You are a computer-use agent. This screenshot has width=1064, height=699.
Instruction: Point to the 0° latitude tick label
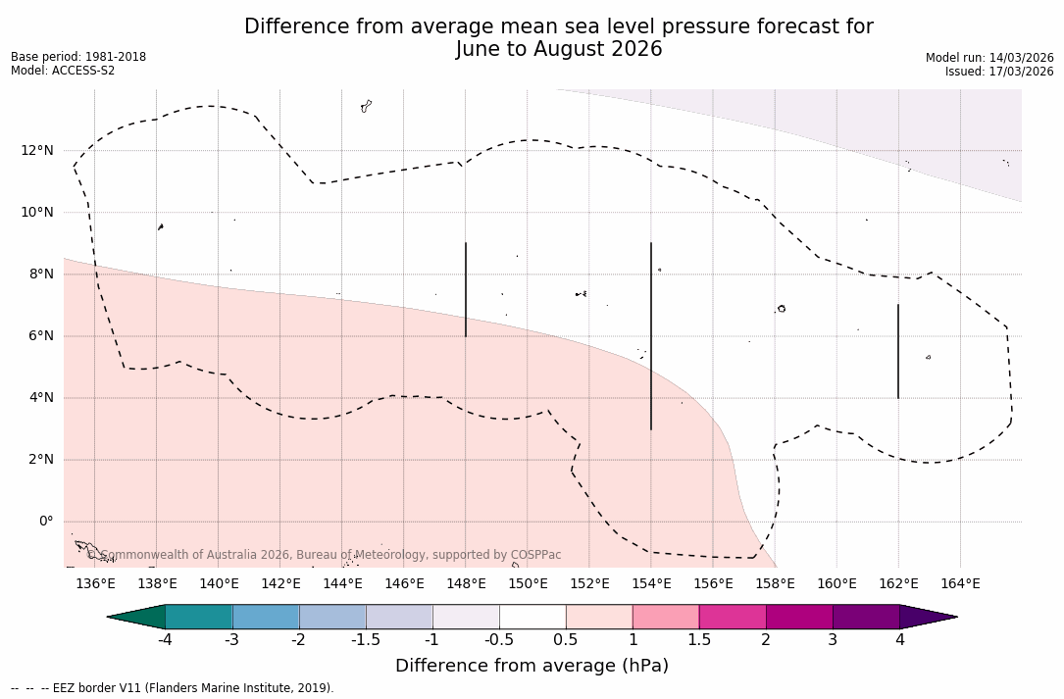45,522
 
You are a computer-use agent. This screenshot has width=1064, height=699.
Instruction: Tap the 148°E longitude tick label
466,583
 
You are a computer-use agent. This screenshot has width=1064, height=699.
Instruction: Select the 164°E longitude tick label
960,583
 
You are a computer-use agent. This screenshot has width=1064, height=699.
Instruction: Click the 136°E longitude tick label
95,583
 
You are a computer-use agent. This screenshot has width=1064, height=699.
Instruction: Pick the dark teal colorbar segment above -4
199,617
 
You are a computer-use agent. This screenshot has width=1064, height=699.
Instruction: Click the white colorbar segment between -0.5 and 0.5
532,617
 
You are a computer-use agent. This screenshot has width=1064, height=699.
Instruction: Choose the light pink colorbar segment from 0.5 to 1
599,617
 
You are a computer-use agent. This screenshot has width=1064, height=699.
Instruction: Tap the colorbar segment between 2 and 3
799,617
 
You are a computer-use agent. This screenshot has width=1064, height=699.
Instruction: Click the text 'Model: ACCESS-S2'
63,71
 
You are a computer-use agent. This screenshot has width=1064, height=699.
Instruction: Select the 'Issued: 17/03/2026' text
999,72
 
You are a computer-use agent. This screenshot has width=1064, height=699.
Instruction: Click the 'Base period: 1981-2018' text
78,57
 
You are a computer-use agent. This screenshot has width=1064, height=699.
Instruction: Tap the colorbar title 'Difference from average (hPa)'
532,666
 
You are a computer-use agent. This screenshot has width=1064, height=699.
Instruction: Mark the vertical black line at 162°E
898,351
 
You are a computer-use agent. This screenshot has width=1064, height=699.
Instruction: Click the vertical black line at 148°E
466,289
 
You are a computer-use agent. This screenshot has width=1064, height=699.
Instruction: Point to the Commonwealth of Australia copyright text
324,555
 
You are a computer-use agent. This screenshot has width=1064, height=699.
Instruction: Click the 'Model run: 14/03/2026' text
989,58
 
